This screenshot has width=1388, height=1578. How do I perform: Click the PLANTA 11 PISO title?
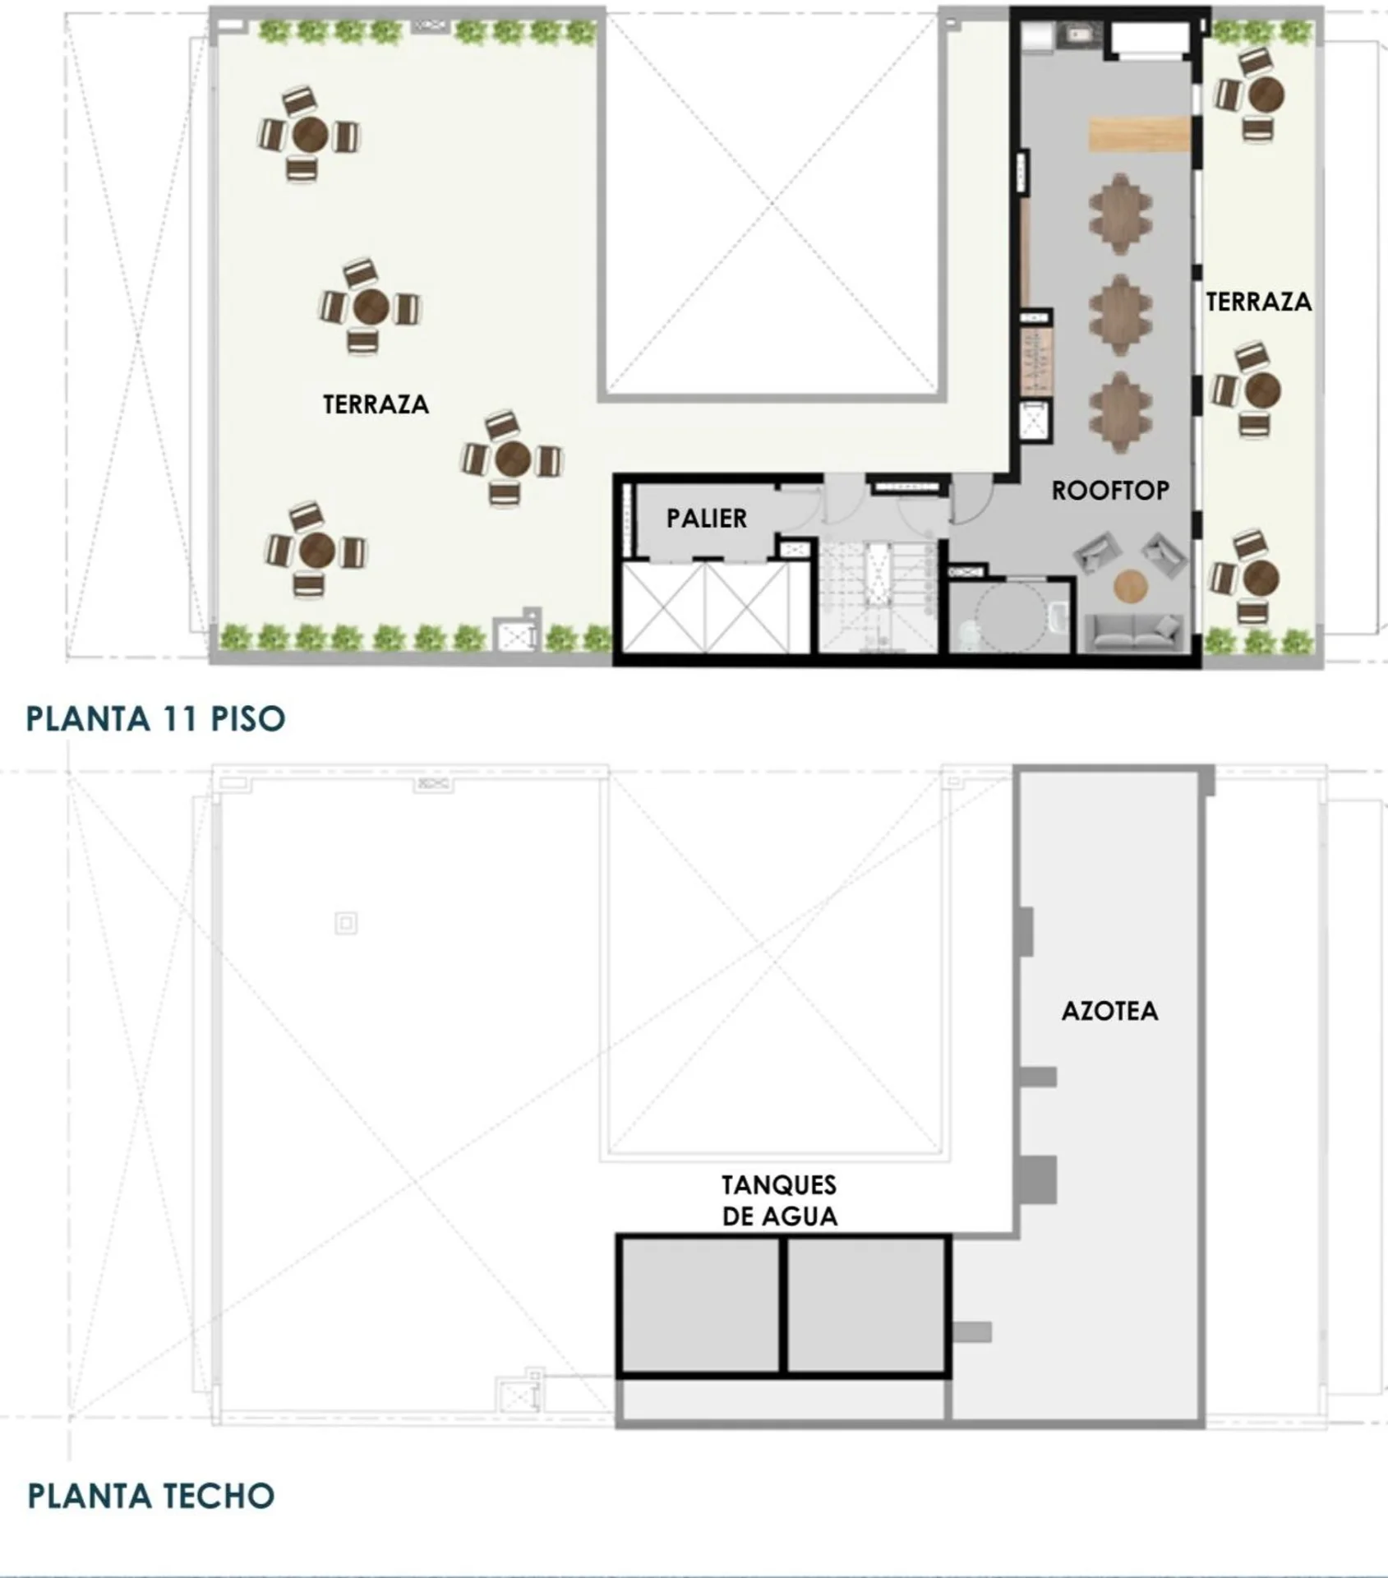click(156, 718)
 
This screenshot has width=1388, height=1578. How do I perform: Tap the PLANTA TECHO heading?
click(151, 1496)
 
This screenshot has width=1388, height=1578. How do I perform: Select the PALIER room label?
click(707, 519)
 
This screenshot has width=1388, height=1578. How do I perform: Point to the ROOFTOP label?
click(1111, 491)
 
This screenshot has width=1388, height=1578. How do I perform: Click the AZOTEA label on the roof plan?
click(1110, 1011)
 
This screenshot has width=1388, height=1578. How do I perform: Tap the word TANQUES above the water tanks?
click(779, 1185)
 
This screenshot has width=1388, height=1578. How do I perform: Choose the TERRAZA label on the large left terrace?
click(376, 404)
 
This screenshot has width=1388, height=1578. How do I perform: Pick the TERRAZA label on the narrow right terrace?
click(1259, 302)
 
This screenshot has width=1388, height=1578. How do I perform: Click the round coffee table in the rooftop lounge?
click(1131, 586)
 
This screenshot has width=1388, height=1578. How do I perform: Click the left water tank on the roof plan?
click(699, 1305)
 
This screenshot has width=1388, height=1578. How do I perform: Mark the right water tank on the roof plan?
click(866, 1305)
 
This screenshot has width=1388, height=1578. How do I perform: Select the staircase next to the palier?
click(878, 596)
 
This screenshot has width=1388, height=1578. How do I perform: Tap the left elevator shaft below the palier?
click(664, 608)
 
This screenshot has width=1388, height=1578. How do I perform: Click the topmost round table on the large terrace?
click(310, 134)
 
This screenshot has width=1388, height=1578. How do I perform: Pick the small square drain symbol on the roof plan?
click(346, 923)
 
